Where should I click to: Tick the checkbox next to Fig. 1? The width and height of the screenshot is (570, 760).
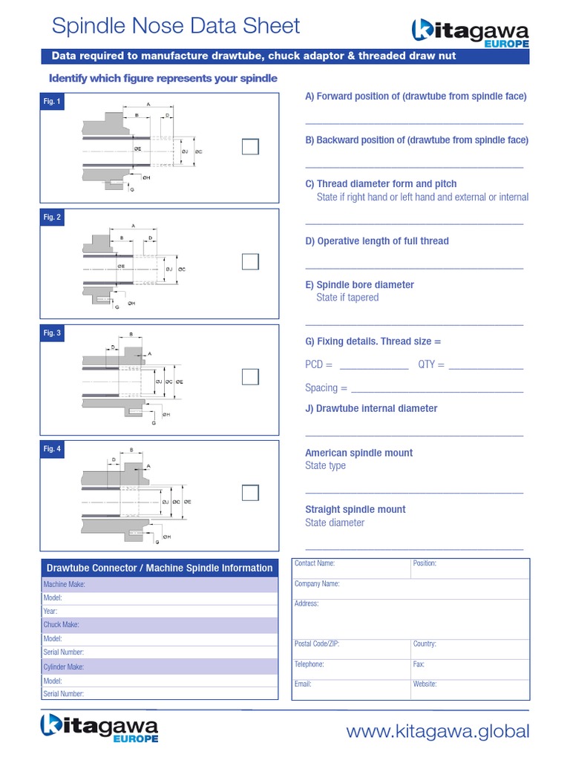coord(250,147)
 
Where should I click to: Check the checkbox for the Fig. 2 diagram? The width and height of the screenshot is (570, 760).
coord(250,262)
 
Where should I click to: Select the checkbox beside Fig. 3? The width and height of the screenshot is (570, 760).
coord(250,377)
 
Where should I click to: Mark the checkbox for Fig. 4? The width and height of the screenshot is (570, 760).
coord(250,493)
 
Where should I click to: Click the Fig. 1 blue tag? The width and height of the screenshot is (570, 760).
coord(53,102)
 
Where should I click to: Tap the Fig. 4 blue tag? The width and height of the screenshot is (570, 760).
coord(53,449)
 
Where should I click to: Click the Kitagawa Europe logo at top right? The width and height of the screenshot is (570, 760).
coord(470,33)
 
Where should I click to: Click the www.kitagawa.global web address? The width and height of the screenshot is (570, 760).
coord(438,732)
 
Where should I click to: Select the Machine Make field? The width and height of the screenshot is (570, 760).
coord(159,585)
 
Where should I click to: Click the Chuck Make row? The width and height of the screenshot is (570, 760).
coord(159,625)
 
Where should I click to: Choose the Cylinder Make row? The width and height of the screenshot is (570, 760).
coord(159,666)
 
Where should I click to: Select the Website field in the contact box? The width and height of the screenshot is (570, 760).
coord(470,688)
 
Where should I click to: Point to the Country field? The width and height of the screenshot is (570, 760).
coord(470,648)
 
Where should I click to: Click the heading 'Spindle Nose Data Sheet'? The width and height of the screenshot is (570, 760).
coord(176,26)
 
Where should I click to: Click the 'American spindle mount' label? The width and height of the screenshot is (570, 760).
coord(359,453)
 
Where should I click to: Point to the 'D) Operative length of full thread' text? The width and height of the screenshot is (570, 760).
coord(377,241)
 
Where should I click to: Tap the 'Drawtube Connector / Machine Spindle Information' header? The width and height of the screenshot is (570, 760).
coord(159,568)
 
